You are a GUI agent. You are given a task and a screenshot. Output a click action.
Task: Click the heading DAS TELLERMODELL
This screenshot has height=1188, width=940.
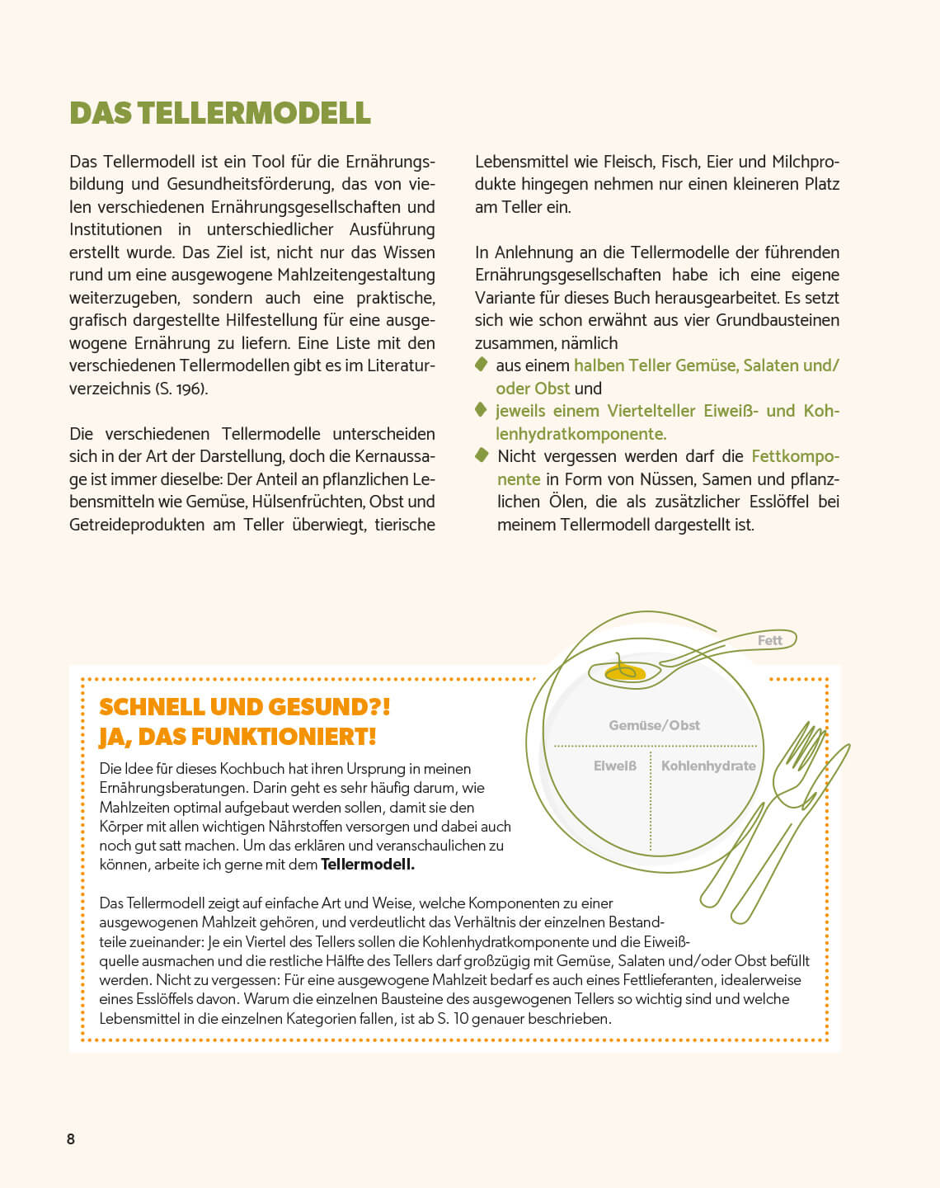[220, 113]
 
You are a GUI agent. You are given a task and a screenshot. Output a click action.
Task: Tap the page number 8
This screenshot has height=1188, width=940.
[71, 1139]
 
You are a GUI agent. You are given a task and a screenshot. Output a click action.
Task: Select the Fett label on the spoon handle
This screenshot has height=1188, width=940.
[769, 640]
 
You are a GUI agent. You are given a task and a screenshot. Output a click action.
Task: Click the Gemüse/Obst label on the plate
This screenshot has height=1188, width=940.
[654, 725]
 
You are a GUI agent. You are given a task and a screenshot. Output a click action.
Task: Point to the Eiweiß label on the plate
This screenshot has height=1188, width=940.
[615, 766]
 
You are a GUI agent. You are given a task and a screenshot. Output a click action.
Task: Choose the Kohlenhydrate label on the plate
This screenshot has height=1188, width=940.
[708, 766]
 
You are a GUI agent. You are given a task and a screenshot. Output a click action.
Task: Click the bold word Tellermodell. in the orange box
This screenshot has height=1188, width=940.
[368, 865]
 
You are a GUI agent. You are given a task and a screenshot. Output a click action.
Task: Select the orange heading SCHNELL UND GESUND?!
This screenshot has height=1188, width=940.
[244, 707]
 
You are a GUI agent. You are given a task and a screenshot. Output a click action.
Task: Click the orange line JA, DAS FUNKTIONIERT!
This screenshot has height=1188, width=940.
[237, 737]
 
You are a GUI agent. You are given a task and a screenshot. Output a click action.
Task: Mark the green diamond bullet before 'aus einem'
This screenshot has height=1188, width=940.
[482, 365]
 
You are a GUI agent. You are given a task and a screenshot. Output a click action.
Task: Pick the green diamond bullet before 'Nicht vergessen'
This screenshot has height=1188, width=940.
[482, 455]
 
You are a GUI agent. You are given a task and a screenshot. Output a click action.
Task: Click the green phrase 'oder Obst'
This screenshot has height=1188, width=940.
[533, 389]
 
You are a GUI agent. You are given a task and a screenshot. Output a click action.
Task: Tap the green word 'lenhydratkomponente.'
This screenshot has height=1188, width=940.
[580, 434]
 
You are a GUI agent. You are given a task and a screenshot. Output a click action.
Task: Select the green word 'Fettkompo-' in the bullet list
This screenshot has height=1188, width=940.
[795, 456]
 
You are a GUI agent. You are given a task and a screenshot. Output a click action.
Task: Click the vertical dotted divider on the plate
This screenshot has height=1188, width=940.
[651, 800]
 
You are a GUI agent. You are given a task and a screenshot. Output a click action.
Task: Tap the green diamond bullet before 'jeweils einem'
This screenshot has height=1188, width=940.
[482, 410]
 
